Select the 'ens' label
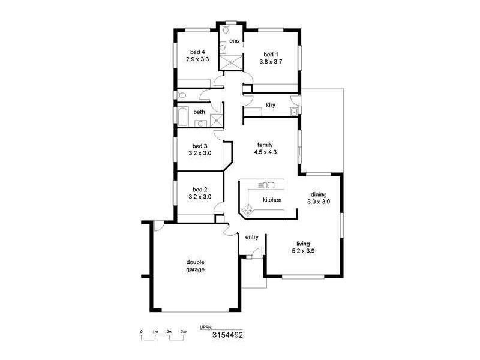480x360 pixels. (x=234, y=41)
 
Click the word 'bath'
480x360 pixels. (x=199, y=112)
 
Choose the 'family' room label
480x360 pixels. (x=265, y=145)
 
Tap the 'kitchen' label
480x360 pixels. (x=272, y=200)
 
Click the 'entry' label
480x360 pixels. (x=252, y=237)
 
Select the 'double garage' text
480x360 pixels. (x=195, y=266)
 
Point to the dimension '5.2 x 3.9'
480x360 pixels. (x=303, y=251)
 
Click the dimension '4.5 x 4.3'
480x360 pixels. (x=265, y=152)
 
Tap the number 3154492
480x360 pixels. (x=227, y=336)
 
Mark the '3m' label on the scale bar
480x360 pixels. (x=183, y=331)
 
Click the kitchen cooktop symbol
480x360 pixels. (x=247, y=209)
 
